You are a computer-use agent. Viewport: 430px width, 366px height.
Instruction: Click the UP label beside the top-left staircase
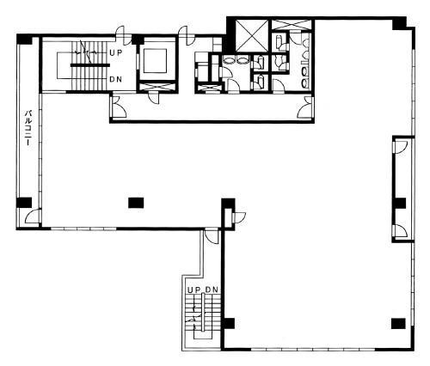coord(116,53)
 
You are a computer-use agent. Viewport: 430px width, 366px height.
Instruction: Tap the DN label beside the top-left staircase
coord(116,79)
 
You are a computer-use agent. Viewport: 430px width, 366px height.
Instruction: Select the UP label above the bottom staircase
coord(194,290)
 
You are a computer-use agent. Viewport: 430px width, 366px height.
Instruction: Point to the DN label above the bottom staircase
coord(212,290)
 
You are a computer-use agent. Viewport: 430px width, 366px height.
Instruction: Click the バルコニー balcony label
coord(28,127)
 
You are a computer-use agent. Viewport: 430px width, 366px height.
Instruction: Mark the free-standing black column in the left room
coord(136,203)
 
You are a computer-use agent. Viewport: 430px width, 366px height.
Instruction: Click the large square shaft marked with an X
coord(252,36)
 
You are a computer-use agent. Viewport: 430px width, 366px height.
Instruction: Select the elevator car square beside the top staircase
coord(155,61)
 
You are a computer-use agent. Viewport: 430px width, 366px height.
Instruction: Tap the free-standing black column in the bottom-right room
coord(398,324)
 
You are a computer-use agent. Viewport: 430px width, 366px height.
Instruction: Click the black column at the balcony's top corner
coord(24,40)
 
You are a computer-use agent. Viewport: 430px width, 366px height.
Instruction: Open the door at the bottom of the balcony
coord(33,217)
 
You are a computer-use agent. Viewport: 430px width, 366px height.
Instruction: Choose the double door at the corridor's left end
coord(119,107)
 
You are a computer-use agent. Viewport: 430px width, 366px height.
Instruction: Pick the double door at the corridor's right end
coord(304,107)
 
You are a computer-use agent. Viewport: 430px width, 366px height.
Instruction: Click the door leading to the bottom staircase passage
coord(212,237)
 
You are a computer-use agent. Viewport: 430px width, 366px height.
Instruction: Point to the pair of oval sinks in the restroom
coord(236,60)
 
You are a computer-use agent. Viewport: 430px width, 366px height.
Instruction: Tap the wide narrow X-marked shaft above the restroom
coord(292,25)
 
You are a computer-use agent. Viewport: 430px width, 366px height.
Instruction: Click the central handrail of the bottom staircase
coord(203,313)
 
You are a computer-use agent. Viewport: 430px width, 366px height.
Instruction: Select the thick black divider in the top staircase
coord(90,65)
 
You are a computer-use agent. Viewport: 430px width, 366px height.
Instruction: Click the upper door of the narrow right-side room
coord(401,148)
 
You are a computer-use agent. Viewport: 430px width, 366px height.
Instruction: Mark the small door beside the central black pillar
coord(240,217)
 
